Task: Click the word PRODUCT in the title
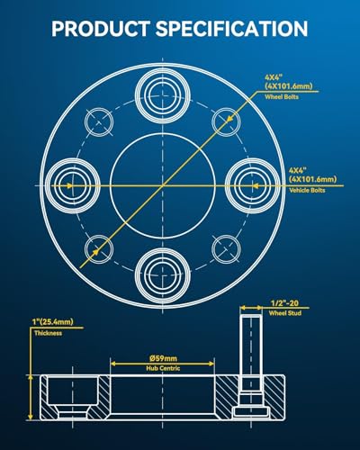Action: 101,29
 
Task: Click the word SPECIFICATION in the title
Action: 231,29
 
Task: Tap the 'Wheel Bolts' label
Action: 282,97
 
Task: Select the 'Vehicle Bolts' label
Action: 307,190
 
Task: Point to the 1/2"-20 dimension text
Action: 284,303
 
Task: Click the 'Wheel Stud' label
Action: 285,313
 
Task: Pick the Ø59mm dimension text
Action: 163,358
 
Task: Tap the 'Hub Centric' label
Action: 163,368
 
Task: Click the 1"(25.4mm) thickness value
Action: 53,322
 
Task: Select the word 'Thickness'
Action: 48,333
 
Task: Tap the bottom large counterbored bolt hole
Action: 163,275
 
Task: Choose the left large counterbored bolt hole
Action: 73,185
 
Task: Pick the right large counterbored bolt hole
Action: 253,185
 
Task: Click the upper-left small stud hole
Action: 99,122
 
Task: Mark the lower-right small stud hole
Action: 226,249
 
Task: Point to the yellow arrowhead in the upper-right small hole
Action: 229,119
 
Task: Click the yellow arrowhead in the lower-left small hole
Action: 95,253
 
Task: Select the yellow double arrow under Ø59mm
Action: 163,364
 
